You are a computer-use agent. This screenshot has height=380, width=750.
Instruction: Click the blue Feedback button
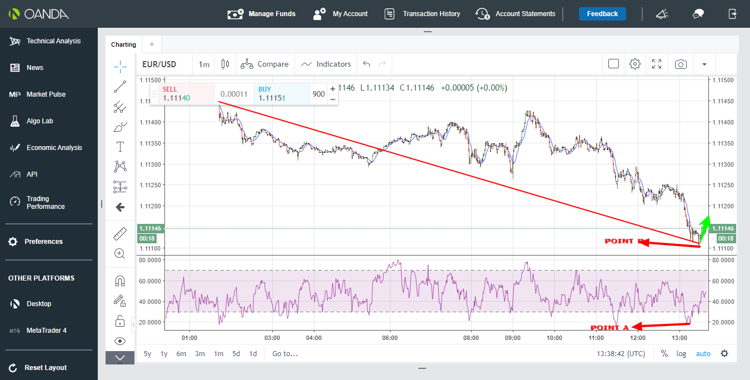(x=602, y=14)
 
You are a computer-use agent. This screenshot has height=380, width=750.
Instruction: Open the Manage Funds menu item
(x=262, y=14)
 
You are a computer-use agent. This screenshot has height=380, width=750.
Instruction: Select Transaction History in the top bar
(x=422, y=14)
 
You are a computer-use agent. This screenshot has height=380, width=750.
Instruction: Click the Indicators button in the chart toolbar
(x=326, y=64)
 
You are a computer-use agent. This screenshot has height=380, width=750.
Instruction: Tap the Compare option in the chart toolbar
(x=264, y=64)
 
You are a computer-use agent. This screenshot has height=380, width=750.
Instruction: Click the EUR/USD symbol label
(x=159, y=64)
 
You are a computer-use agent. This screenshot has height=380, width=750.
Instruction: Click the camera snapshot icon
(x=681, y=64)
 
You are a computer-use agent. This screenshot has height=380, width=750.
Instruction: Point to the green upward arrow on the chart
(x=704, y=229)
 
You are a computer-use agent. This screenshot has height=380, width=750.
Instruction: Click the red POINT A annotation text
(x=609, y=327)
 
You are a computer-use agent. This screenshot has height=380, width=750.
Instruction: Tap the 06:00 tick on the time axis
(x=390, y=338)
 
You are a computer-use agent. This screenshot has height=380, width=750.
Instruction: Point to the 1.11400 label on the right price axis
(x=723, y=122)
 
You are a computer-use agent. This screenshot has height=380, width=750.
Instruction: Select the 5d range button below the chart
(x=236, y=353)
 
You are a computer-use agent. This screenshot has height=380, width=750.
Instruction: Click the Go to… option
(x=284, y=353)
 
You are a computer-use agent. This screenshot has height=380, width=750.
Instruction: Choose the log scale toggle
(x=681, y=353)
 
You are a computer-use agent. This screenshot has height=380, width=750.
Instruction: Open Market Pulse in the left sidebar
(x=46, y=94)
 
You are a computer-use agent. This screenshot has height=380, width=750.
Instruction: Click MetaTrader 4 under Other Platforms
(x=47, y=331)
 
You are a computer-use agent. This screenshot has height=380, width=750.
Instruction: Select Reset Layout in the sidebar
(x=46, y=368)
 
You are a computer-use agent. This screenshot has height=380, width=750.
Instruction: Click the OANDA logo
(x=38, y=14)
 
